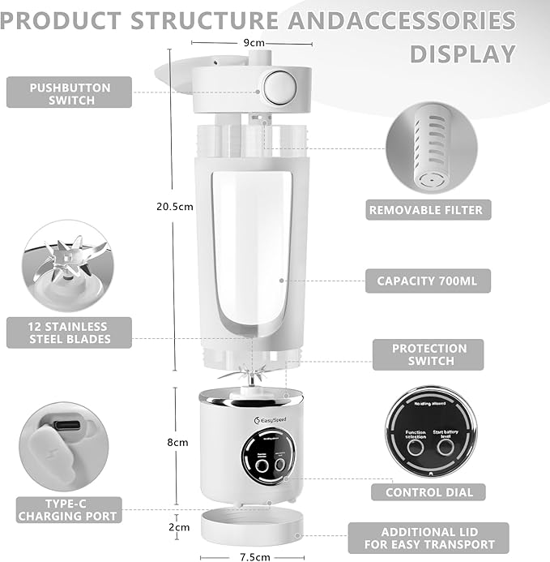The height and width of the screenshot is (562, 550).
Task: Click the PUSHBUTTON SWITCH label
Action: coord(69,92)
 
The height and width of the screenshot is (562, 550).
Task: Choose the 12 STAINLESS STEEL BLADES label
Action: coord(69,332)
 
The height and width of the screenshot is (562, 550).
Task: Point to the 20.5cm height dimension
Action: coord(175,207)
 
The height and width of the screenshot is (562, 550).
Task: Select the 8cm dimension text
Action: coord(177,443)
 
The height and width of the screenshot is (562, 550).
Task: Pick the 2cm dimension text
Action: coord(178,527)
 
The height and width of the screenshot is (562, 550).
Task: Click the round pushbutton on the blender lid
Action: coord(279,86)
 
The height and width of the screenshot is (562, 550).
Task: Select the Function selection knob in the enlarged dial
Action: coord(416,447)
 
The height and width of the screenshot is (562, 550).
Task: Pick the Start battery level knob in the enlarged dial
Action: coord(446,447)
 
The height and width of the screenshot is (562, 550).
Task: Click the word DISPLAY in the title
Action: coord(463,54)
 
